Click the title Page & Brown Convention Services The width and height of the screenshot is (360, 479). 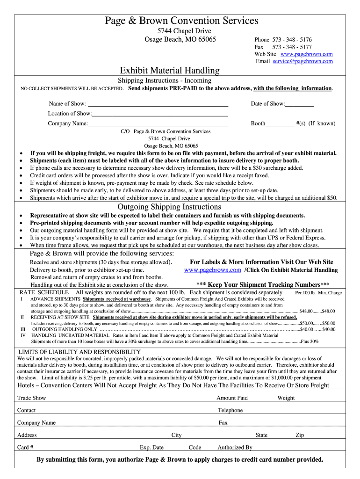click(181, 21)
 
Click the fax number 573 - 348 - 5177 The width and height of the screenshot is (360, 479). click(292, 47)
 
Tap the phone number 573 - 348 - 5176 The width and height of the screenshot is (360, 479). click(292, 40)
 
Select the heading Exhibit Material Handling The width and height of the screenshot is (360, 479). click(170, 71)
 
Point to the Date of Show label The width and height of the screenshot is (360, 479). click(267, 104)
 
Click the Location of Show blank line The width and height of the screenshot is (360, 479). click(160, 114)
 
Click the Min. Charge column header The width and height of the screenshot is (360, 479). click(330, 293)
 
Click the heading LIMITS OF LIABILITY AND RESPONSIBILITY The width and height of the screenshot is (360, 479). click(79, 352)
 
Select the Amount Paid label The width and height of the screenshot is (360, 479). click(232, 398)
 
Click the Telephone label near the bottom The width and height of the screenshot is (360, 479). click(230, 410)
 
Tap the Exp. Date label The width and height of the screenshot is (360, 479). click(151, 447)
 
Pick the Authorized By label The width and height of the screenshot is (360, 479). click(235, 447)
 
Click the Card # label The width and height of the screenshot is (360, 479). click(25, 447)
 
